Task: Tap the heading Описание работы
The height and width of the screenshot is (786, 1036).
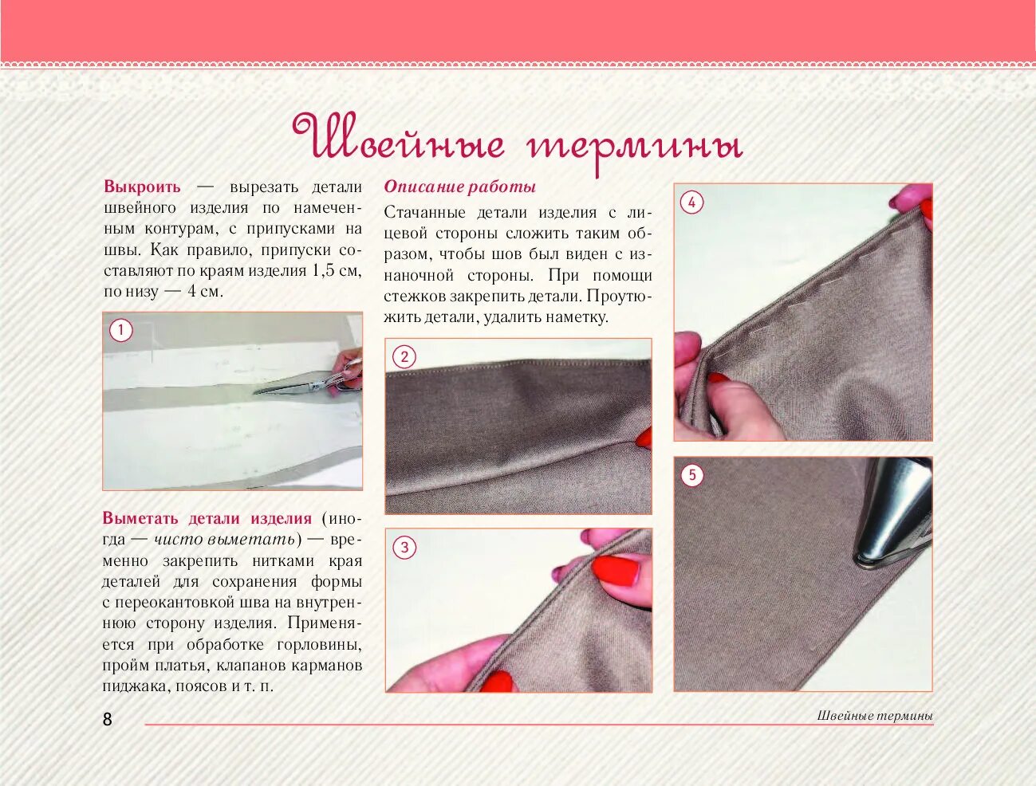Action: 459,187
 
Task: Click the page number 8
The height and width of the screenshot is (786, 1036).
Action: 108,719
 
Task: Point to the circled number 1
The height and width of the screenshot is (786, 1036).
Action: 121,330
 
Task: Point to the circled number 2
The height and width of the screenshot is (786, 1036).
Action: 404,356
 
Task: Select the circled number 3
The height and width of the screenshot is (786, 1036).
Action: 404,548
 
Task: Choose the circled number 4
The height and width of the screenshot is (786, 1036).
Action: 692,202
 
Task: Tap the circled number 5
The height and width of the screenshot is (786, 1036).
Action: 692,474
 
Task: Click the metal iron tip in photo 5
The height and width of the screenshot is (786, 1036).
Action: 892,515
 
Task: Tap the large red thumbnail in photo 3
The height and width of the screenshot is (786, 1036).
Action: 615,571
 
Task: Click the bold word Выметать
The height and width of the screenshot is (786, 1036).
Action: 140,518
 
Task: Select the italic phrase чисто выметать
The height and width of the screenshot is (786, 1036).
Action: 225,539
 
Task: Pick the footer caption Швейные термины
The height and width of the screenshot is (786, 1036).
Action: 875,716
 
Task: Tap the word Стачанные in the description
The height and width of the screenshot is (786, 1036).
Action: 425,212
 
